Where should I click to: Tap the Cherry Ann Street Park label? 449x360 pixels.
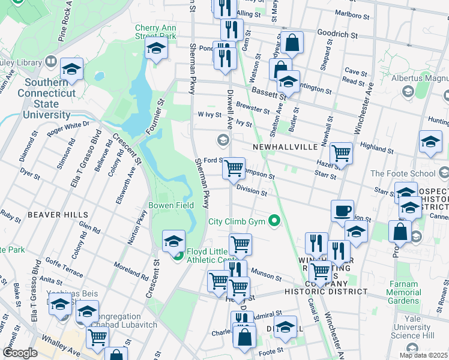click(x=155, y=32)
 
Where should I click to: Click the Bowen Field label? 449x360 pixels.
click(x=171, y=205)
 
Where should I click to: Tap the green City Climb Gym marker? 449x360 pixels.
click(x=275, y=221)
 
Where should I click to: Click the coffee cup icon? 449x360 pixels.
click(x=342, y=211)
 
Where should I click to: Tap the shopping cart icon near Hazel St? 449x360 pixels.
click(x=341, y=152)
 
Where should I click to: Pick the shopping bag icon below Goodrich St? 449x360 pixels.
click(x=292, y=42)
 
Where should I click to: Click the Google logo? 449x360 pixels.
click(x=20, y=353)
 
